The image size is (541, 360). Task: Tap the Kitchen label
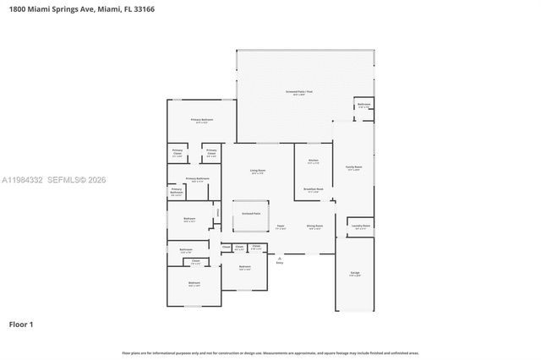313,161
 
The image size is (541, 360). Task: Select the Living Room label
258,172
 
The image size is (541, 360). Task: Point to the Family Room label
353,167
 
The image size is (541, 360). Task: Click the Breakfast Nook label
313,190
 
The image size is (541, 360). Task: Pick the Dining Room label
314,226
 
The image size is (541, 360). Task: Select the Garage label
355,273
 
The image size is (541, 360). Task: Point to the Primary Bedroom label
201,121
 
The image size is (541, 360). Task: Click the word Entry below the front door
280,264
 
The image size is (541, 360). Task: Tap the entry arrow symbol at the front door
280,258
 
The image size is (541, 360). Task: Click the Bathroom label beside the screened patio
363,106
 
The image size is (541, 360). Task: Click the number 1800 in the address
14,8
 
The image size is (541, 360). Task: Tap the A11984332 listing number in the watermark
21,180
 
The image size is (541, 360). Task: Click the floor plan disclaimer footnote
270,352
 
